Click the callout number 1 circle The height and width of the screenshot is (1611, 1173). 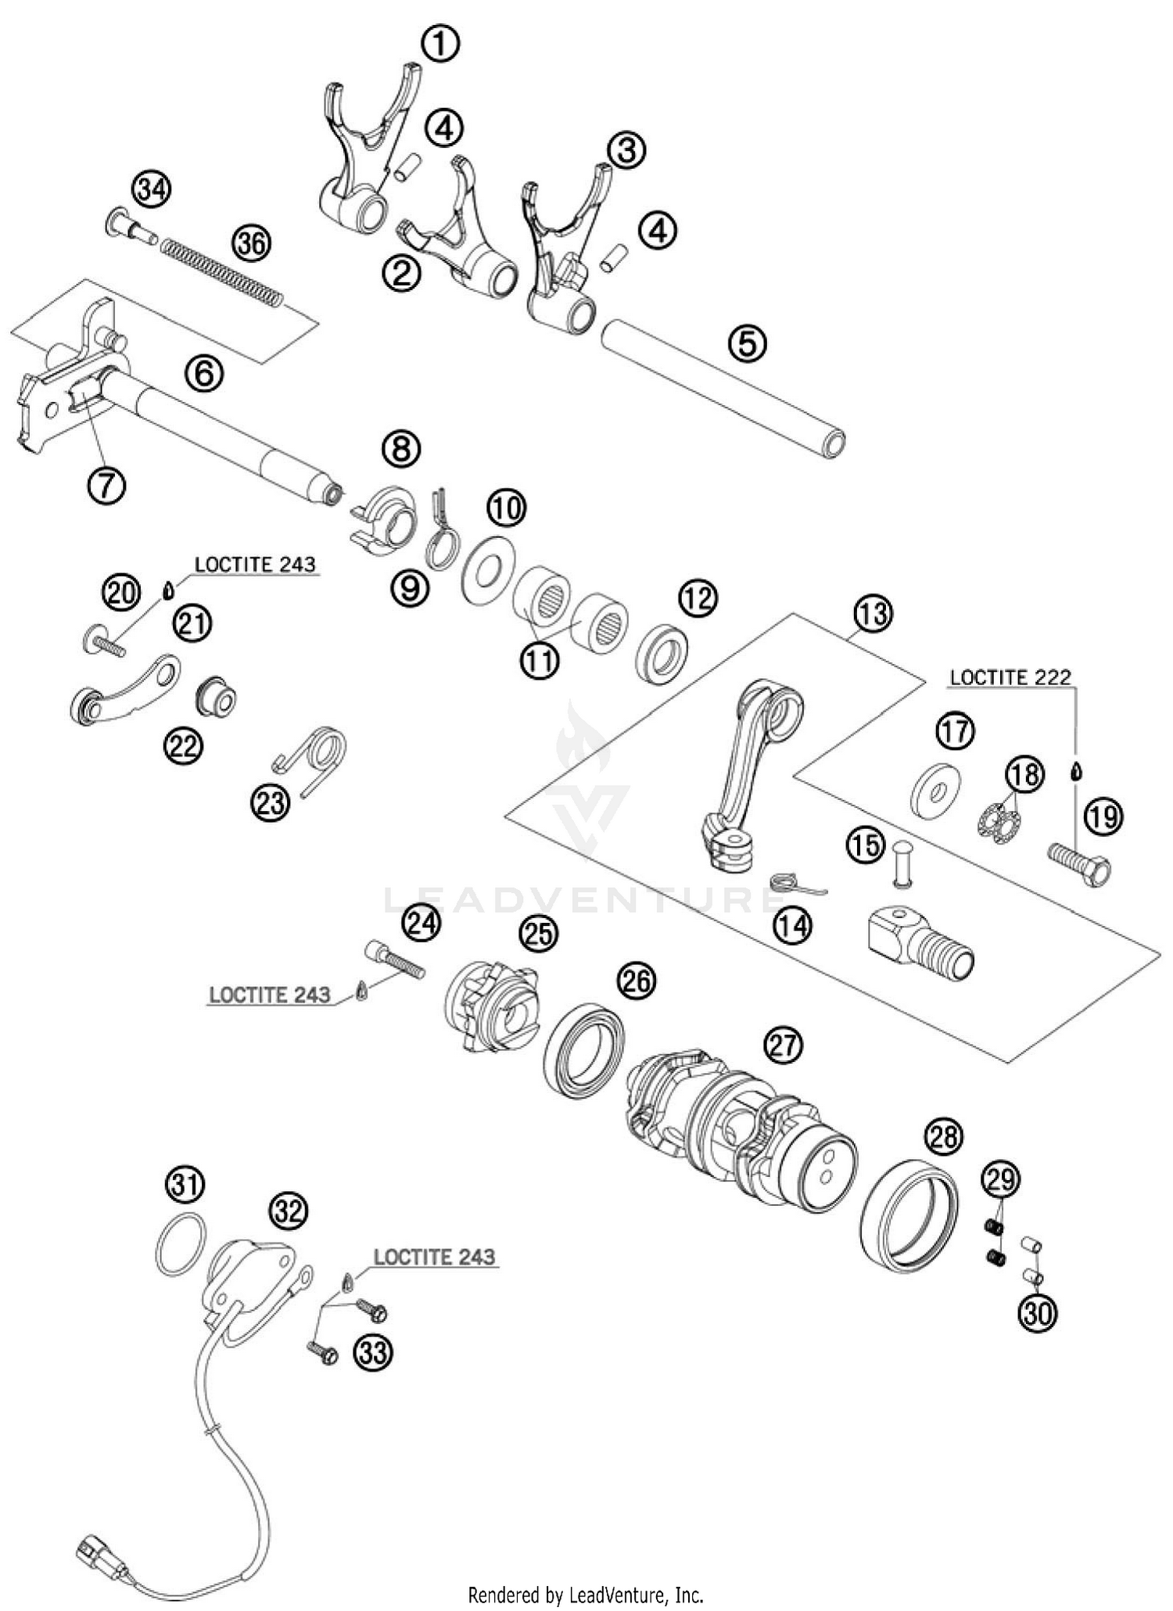[440, 44]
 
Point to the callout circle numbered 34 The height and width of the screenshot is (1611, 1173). [151, 190]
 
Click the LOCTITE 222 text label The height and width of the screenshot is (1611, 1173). [1010, 677]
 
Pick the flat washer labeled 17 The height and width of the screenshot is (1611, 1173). [936, 791]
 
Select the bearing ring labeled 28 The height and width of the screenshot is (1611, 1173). [909, 1214]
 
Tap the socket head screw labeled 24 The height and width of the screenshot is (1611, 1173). [395, 960]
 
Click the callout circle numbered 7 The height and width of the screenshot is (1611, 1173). [106, 486]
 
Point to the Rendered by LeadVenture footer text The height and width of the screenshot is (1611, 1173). [586, 1593]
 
